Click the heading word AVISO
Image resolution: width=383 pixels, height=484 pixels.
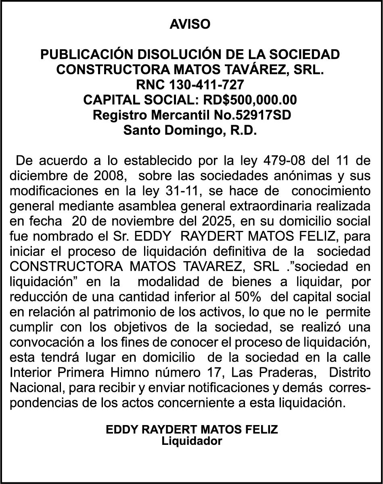click(190, 24)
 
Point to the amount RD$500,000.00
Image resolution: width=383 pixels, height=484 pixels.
click(250, 100)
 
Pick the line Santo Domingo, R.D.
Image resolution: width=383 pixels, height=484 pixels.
click(190, 130)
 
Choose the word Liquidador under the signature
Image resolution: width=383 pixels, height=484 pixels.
click(192, 441)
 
